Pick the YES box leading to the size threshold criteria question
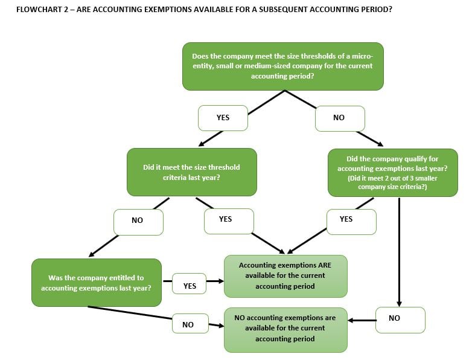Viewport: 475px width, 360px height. click(x=223, y=118)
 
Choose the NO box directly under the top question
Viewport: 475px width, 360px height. click(x=339, y=118)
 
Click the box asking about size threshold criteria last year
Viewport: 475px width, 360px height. click(x=191, y=172)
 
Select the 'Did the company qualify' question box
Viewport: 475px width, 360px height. click(x=392, y=172)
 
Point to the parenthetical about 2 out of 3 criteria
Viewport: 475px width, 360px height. click(x=392, y=182)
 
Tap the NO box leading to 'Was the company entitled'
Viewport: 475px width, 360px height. click(x=138, y=220)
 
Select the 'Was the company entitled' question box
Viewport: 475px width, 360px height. click(x=96, y=283)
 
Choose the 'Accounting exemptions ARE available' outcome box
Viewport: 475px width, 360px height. click(x=285, y=275)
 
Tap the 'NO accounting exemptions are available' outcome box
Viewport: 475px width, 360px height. click(x=285, y=328)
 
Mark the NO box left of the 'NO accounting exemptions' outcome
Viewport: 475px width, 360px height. click(x=188, y=325)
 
